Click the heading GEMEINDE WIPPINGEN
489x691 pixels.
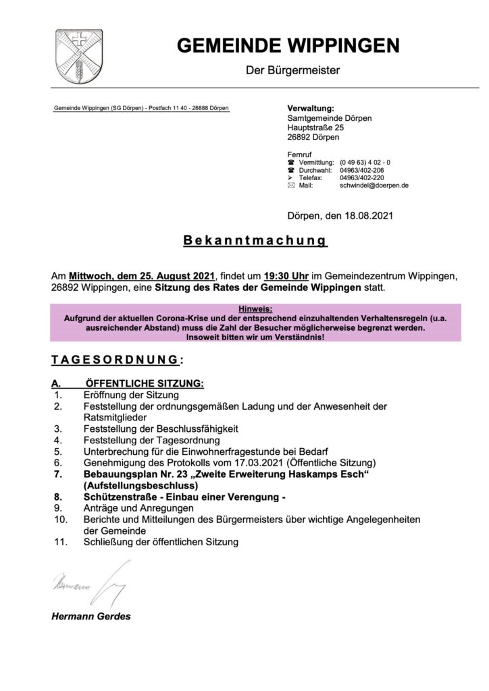(x=288, y=46)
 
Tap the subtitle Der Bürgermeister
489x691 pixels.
(x=292, y=70)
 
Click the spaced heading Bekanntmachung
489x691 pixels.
(x=255, y=241)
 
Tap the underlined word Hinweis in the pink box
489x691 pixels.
(x=255, y=308)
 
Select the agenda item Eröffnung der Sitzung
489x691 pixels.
(x=131, y=395)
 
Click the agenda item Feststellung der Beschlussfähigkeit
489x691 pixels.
(x=161, y=429)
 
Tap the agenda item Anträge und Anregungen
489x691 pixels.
(x=138, y=507)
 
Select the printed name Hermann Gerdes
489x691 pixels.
(x=91, y=616)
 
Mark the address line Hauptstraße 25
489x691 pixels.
(x=315, y=128)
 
